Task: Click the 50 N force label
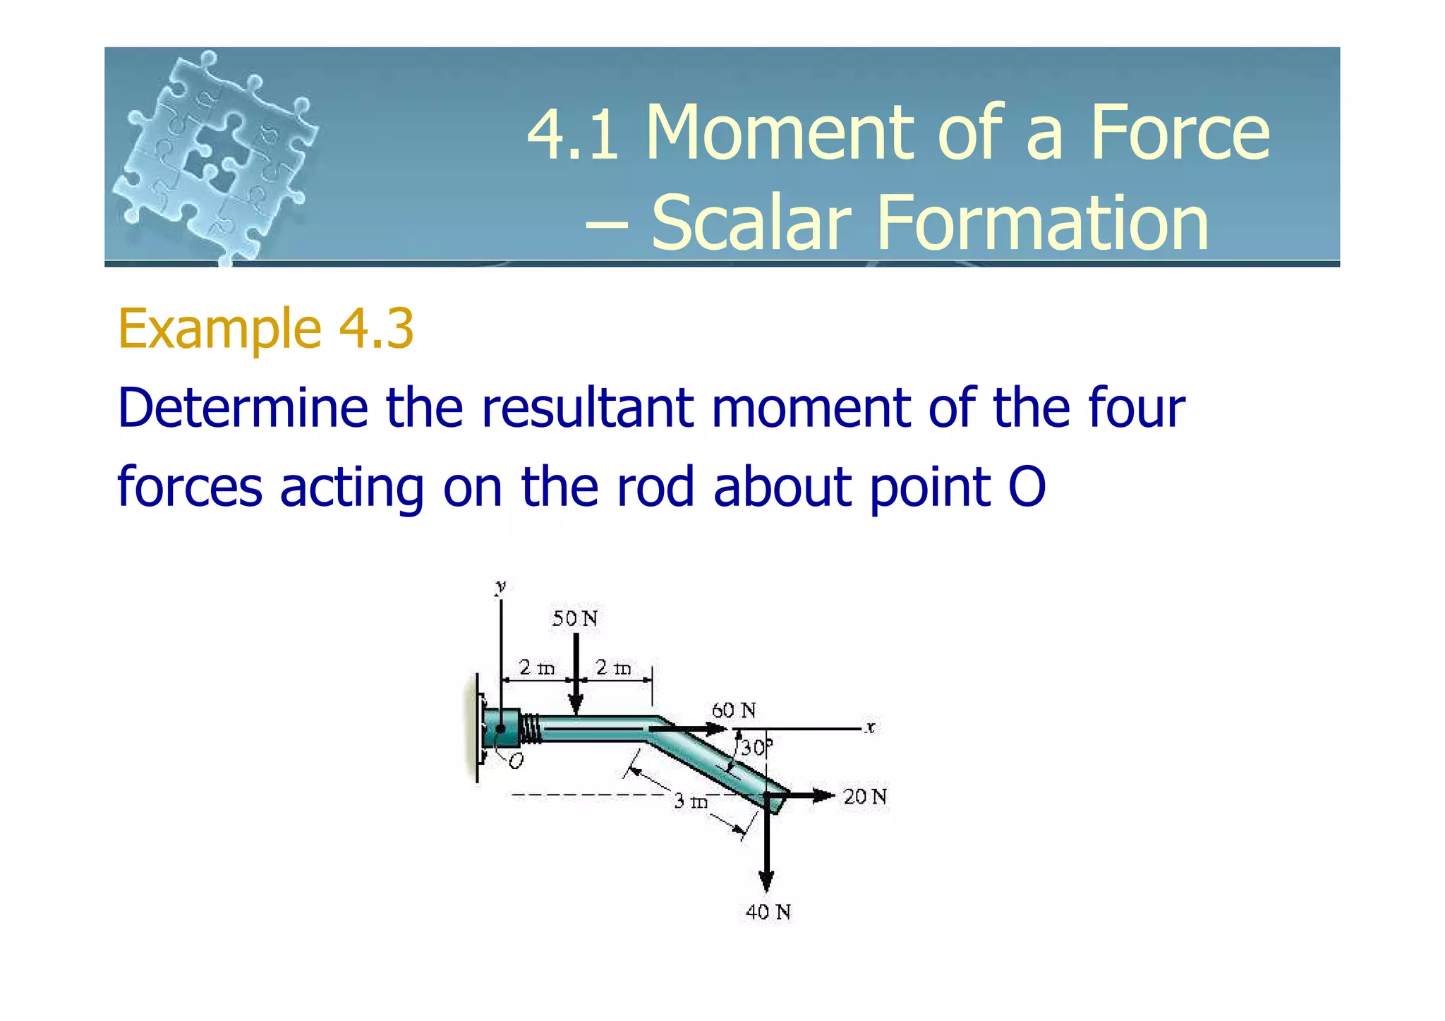click(574, 619)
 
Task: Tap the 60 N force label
click(733, 710)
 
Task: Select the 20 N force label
click(865, 797)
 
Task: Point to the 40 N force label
click(768, 912)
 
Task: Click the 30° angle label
click(756, 748)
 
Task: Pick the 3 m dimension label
click(690, 801)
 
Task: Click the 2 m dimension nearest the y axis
click(536, 667)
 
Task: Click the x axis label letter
click(871, 727)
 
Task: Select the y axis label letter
click(500, 586)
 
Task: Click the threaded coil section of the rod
click(532, 728)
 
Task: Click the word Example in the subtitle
click(219, 329)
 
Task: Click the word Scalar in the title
click(751, 223)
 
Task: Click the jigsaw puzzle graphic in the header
click(215, 155)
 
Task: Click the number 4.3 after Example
click(376, 329)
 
